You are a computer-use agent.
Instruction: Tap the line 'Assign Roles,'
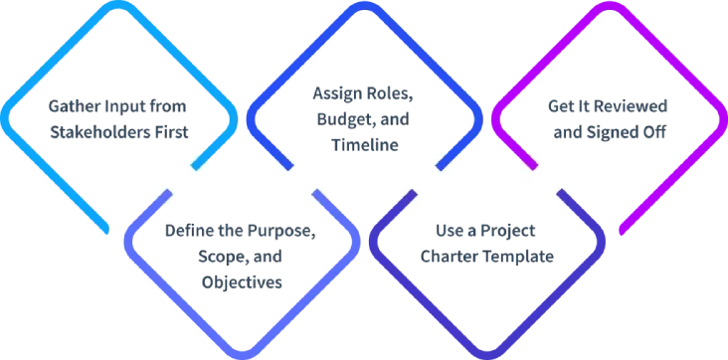pyautogui.click(x=364, y=97)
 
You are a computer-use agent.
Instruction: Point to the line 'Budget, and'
pyautogui.click(x=364, y=119)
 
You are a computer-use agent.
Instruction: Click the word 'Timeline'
pyautogui.click(x=364, y=142)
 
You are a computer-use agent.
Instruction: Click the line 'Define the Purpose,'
pyautogui.click(x=243, y=235)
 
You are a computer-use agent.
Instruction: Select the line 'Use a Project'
pyautogui.click(x=487, y=235)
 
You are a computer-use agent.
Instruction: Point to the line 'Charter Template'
pyautogui.click(x=487, y=258)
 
